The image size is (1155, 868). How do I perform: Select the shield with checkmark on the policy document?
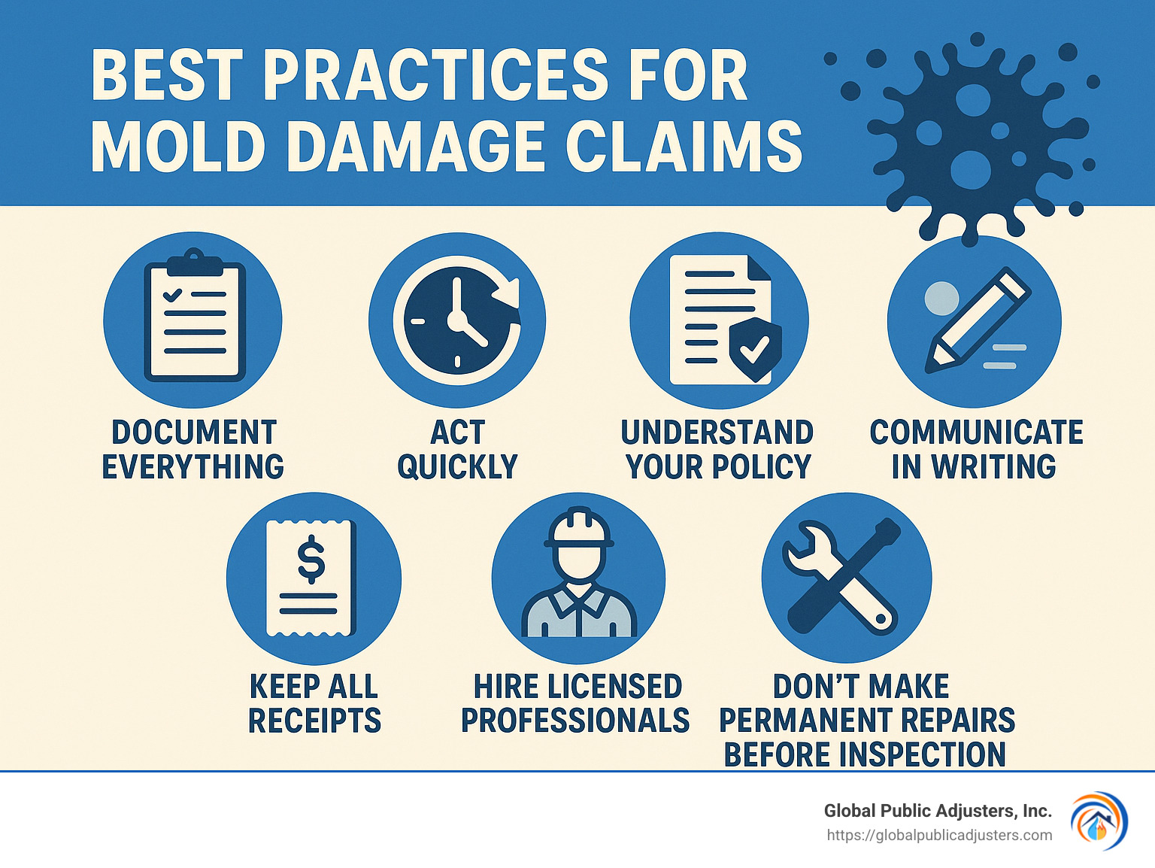pos(755,348)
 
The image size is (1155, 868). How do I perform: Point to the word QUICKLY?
pos(457,467)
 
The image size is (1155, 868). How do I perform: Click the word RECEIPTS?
pos(314,721)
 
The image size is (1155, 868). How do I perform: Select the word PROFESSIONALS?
pos(575,721)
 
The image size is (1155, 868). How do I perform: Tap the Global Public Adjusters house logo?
pos(1099,821)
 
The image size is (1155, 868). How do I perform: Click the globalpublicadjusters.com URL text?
pos(939,835)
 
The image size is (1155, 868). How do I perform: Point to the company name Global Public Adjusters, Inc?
pos(937,811)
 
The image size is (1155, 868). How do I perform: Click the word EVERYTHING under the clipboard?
pos(193,467)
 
